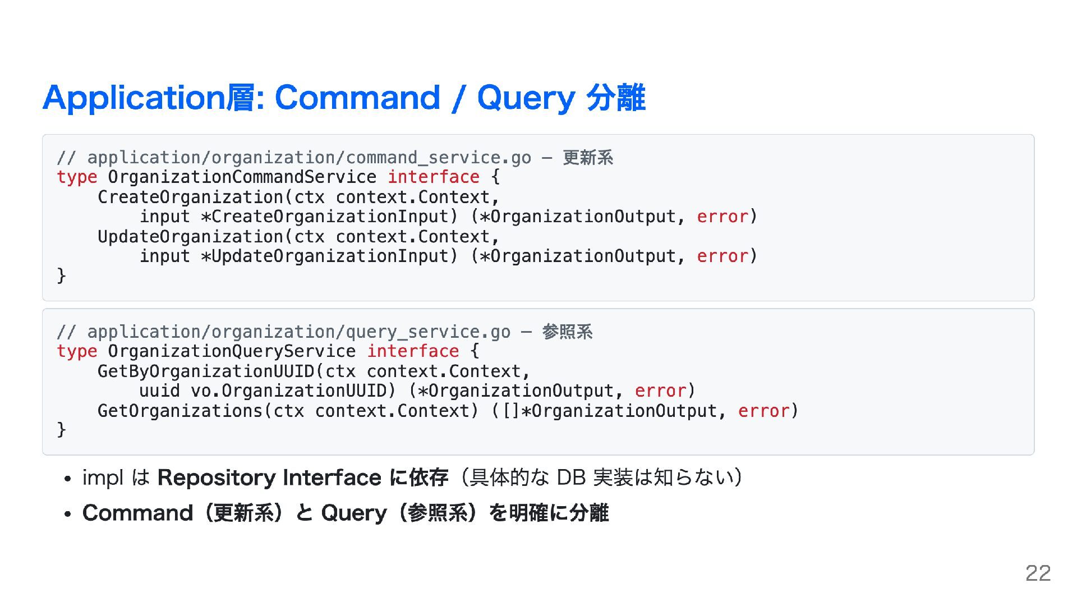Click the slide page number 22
click(1038, 573)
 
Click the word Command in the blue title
click(357, 98)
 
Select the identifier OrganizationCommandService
click(242, 177)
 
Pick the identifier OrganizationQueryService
click(232, 352)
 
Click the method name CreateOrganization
click(191, 198)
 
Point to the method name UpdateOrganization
click(191, 237)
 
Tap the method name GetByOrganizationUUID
click(206, 371)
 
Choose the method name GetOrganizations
click(180, 411)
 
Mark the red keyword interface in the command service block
click(434, 177)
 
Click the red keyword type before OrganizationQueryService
click(77, 352)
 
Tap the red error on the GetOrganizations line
click(763, 411)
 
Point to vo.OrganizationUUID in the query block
click(289, 391)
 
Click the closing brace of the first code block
click(61, 276)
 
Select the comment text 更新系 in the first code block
click(588, 158)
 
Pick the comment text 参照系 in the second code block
click(567, 332)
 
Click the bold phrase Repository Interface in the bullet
click(269, 478)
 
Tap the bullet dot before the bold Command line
click(67, 515)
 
